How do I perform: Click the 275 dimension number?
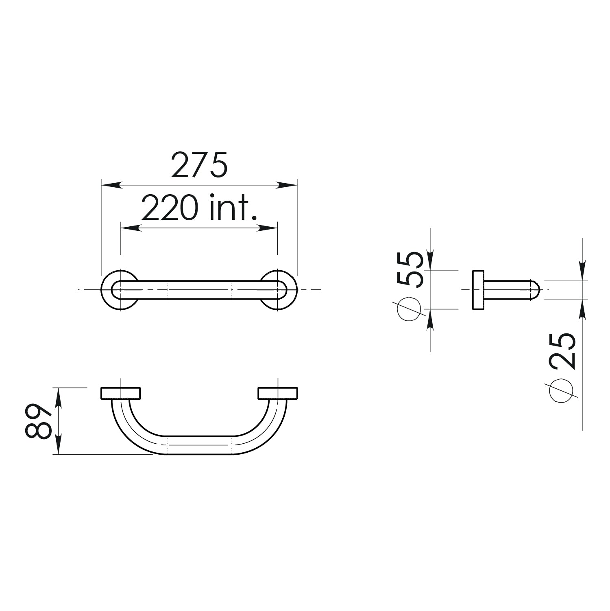pyautogui.click(x=199, y=165)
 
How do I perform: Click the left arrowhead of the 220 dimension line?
pyautogui.click(x=131, y=228)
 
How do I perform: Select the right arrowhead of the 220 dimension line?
pyautogui.click(x=268, y=228)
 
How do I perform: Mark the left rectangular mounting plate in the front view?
pyautogui.click(x=120, y=393)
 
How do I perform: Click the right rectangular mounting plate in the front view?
pyautogui.click(x=278, y=393)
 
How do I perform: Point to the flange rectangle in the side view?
pyautogui.click(x=478, y=289)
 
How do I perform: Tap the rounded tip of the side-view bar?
pyautogui.click(x=536, y=289)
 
